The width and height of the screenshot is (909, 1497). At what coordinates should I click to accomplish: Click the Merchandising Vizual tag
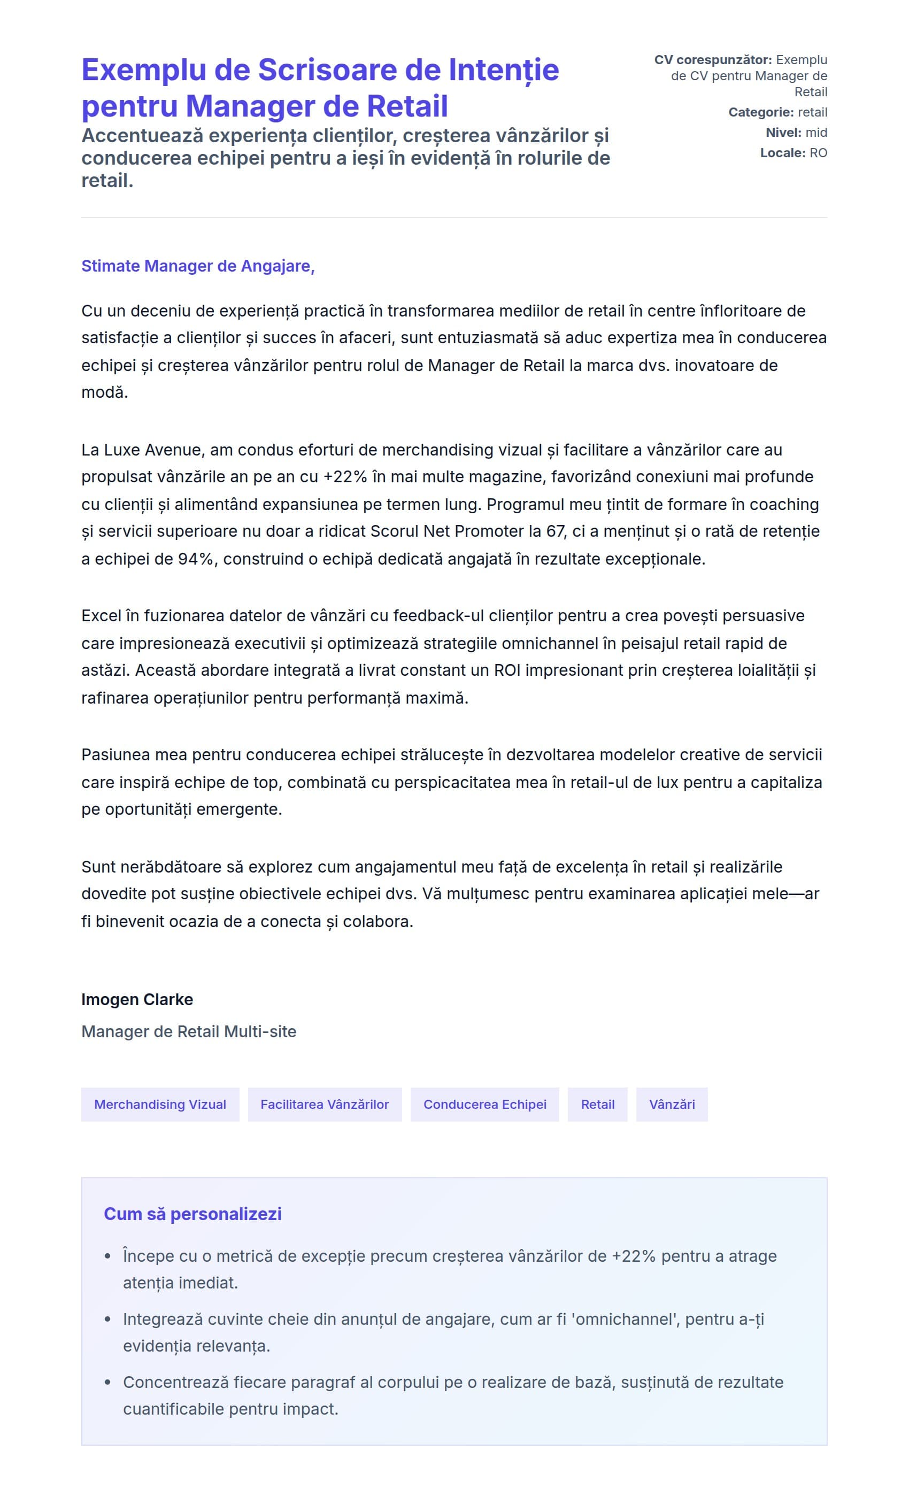click(x=160, y=1104)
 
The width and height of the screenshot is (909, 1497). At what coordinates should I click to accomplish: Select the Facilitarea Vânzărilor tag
click(x=325, y=1104)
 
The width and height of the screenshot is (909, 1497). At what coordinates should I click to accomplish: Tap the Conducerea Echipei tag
click(x=484, y=1104)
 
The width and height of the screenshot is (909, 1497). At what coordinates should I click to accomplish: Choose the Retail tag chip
click(x=597, y=1104)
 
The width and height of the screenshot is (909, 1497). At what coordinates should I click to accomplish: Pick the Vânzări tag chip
click(x=672, y=1104)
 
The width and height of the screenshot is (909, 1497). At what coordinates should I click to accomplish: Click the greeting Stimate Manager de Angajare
click(x=197, y=266)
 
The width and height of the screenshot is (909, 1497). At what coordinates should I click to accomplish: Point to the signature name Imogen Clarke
click(x=137, y=999)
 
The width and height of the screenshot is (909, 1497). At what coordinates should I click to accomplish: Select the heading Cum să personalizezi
click(x=192, y=1213)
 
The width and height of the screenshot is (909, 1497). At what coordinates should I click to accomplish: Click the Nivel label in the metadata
click(x=783, y=133)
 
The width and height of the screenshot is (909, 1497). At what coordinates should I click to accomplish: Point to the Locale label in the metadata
click(x=783, y=152)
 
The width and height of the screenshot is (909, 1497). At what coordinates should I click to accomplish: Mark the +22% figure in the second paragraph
click(x=344, y=476)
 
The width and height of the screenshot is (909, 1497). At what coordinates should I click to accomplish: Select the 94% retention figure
click(x=196, y=558)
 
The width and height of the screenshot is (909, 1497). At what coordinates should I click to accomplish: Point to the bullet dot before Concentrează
click(x=107, y=1382)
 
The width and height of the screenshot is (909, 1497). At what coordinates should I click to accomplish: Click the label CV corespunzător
click(x=713, y=59)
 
